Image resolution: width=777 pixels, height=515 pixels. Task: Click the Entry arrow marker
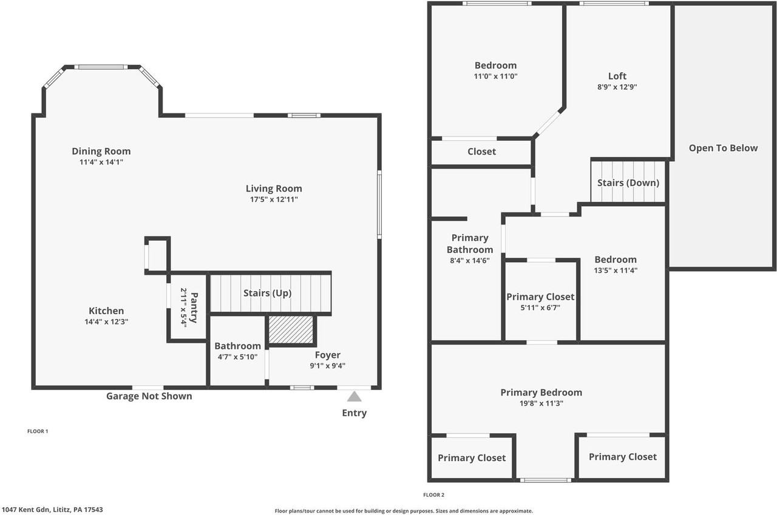pos(354,397)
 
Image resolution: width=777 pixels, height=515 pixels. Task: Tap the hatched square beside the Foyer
pos(291,329)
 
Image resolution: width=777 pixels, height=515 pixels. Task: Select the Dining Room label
pos(101,151)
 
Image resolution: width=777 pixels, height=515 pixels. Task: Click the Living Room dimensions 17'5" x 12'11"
pos(274,199)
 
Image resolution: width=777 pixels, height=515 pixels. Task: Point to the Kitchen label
pos(106,311)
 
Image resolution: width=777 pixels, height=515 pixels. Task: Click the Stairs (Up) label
pos(268,293)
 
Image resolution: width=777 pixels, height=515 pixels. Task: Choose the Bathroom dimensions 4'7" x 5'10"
pos(237,357)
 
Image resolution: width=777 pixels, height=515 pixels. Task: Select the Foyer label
pos(327,355)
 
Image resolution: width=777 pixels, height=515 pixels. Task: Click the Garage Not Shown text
pos(149,396)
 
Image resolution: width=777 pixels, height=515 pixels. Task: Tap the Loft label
pos(617,76)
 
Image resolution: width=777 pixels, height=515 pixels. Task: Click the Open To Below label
pos(723,148)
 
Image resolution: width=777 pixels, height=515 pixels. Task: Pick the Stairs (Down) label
pos(628,183)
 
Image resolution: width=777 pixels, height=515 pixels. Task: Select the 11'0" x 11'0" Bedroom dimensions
pos(496,76)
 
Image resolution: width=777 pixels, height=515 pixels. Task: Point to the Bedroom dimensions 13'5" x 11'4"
pos(616,271)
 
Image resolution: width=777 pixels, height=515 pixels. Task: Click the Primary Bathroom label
pos(470,243)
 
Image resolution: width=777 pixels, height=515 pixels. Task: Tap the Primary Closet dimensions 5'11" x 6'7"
pos(540,308)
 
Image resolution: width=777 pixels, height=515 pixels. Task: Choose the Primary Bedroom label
pos(541,392)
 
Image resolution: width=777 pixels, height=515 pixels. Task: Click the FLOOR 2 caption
pos(433,495)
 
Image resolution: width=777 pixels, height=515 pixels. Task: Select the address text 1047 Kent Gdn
pos(30,510)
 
